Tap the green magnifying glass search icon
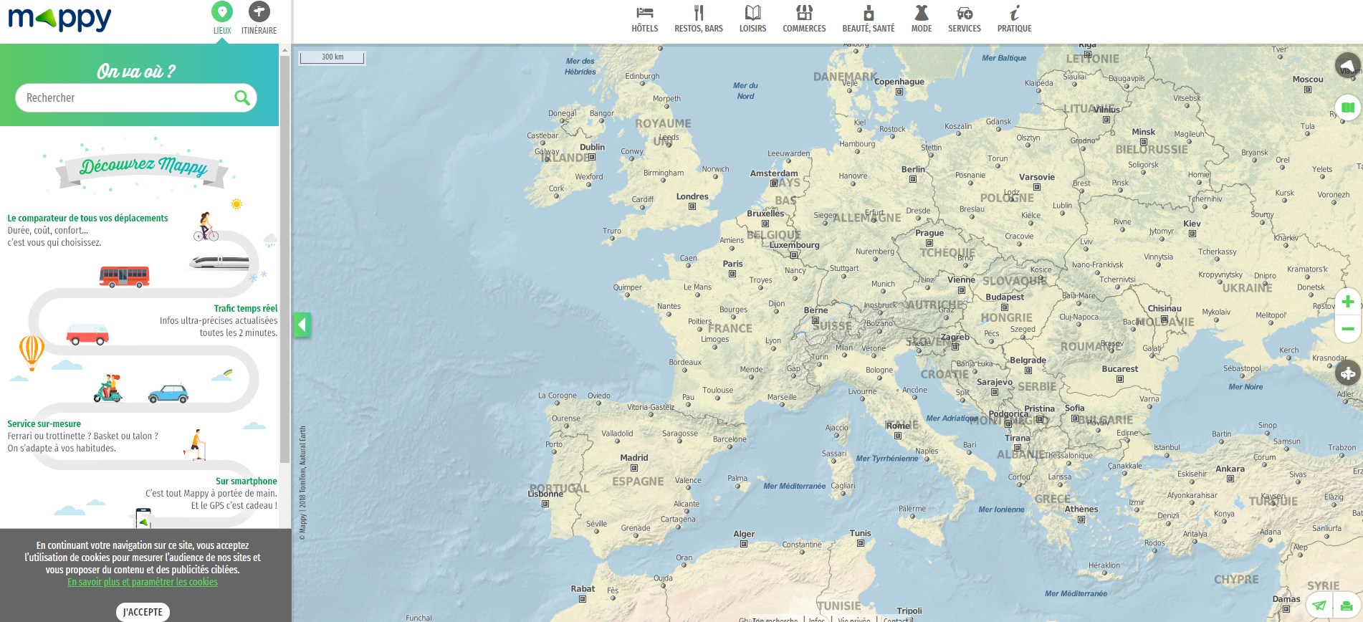242,97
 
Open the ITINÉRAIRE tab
259,18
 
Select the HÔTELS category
644,19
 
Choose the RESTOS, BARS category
698,19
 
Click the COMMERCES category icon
804,13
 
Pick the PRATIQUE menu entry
1014,19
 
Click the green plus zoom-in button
1347,302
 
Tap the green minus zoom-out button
1347,329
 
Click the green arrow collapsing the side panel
302,325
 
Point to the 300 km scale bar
332,57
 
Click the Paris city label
732,264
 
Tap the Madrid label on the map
633,458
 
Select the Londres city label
692,196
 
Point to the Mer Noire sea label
1245,387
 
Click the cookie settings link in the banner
143,582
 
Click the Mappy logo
59,19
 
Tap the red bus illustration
124,276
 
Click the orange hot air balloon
32,351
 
